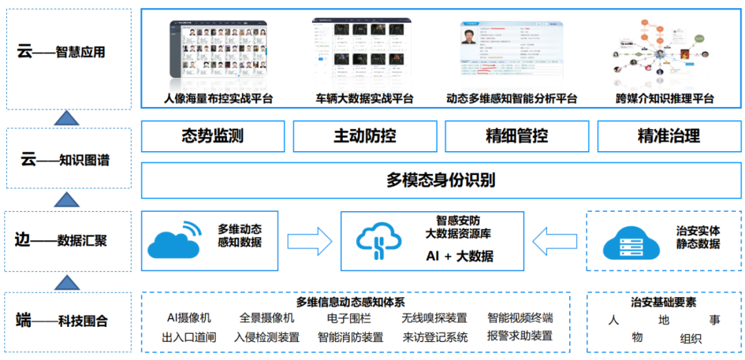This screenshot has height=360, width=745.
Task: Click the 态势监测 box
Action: coord(212,136)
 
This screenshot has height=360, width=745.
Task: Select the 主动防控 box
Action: coord(364,136)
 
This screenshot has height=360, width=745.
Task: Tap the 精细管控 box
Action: coord(517,136)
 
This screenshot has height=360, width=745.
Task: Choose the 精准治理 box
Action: coord(668,136)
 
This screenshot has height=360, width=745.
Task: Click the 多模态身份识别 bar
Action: coord(440,181)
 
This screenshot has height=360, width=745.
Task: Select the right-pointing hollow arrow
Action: coord(309,241)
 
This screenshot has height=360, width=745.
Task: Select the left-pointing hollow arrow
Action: coord(555,241)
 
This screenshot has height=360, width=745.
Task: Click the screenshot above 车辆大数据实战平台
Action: coord(364,49)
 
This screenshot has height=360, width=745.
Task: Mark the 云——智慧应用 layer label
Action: coord(67,52)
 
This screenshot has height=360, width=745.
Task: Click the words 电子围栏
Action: coord(349,318)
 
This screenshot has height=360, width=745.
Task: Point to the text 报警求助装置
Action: coord(519,337)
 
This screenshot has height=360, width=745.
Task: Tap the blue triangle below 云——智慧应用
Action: coord(66,118)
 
